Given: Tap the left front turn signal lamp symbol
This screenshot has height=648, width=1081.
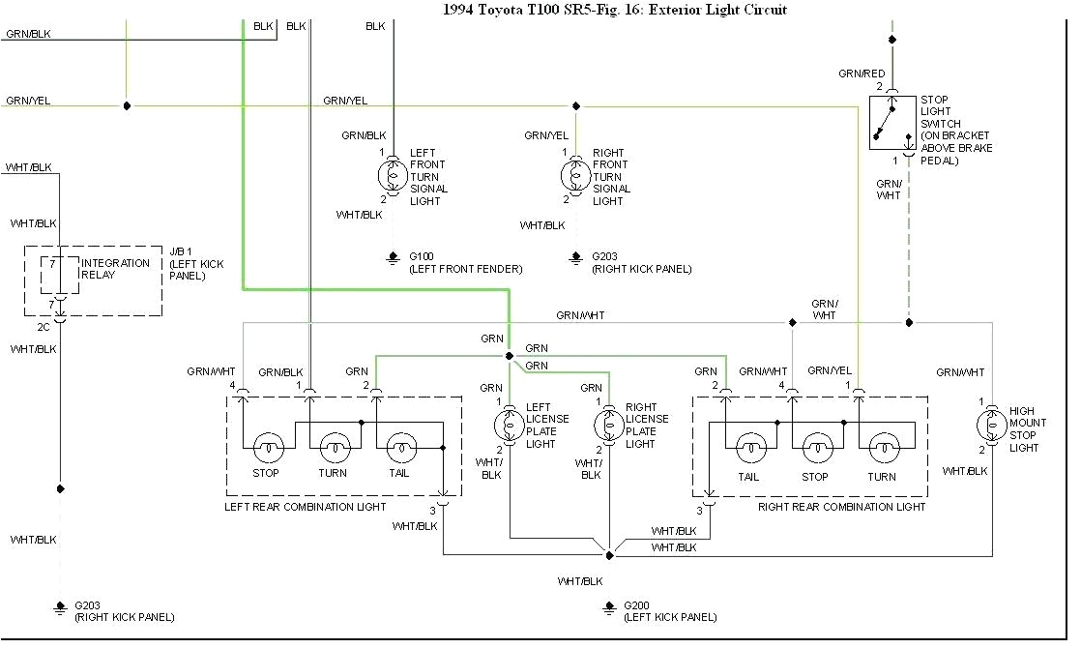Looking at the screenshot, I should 392,177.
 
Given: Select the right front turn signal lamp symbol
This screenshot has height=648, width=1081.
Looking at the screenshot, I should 574,177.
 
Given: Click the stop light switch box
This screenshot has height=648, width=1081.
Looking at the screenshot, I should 891,122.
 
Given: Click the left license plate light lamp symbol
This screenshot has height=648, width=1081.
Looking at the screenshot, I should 510,424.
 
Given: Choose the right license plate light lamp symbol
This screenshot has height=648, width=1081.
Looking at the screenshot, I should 608,424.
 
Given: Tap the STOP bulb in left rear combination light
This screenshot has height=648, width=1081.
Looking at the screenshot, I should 266,448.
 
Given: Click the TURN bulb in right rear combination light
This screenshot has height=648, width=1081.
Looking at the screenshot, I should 882,448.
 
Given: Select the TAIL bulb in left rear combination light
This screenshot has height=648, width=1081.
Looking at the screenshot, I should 398,448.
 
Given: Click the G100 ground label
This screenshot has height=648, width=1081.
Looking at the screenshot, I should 422,256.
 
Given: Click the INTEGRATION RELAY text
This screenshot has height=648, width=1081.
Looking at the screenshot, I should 115,269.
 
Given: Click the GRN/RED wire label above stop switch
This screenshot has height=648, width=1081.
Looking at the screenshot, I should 862,74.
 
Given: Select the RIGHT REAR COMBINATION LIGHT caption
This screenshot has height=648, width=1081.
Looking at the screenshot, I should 841,507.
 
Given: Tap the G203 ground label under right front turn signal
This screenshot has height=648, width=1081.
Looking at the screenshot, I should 604,256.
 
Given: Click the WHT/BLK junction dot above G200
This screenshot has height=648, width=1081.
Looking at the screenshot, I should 609,555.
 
